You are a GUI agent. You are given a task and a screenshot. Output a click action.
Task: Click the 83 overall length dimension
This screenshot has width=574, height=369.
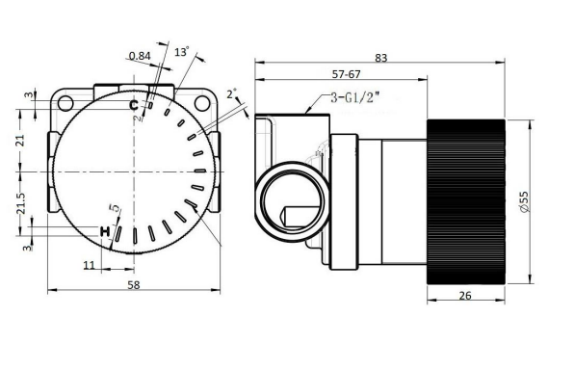click(x=380, y=58)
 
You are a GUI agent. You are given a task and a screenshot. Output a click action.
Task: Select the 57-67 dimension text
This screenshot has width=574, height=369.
click(x=346, y=74)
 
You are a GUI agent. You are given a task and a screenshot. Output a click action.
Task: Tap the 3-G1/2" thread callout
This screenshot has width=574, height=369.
click(x=355, y=97)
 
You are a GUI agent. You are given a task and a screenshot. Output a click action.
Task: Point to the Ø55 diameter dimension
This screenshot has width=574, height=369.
click(x=524, y=201)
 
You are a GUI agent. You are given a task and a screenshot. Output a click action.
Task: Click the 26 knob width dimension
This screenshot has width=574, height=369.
click(x=465, y=296)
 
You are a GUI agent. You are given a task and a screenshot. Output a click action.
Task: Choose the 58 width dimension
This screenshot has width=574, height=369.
click(x=134, y=285)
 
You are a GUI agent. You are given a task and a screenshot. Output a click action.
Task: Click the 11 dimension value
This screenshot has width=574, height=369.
click(x=89, y=265)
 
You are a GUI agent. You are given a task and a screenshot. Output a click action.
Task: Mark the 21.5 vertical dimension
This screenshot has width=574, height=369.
click(x=21, y=202)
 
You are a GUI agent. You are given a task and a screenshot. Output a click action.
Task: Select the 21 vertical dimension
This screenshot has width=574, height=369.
click(x=21, y=141)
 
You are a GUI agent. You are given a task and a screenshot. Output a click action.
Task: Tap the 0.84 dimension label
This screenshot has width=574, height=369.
click(x=140, y=56)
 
